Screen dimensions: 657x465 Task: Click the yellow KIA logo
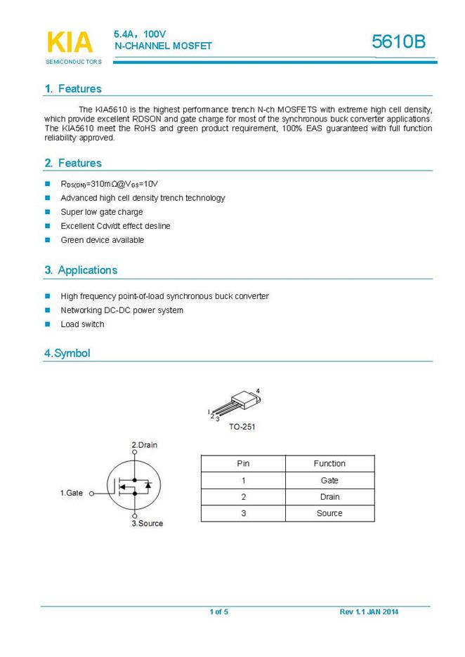pyautogui.click(x=69, y=42)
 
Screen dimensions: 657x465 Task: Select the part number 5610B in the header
pyautogui.click(x=398, y=42)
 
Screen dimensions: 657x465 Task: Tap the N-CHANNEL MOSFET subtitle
pyautogui.click(x=162, y=46)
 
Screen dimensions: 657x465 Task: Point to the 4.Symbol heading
pyautogui.click(x=67, y=353)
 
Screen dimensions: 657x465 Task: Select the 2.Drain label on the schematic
pyautogui.click(x=145, y=445)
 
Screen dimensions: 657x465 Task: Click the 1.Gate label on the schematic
pyautogui.click(x=71, y=493)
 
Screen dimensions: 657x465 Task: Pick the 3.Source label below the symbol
pyautogui.click(x=148, y=524)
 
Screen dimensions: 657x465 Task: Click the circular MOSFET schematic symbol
pyautogui.click(x=134, y=484)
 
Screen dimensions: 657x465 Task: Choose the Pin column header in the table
pyautogui.click(x=243, y=463)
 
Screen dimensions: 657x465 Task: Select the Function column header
pyautogui.click(x=329, y=463)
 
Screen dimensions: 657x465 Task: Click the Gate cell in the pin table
pyautogui.click(x=329, y=480)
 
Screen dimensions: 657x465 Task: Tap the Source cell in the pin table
pyautogui.click(x=329, y=513)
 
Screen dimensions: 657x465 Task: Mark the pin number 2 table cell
pyautogui.click(x=243, y=497)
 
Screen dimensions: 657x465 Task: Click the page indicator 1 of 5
pyautogui.click(x=218, y=612)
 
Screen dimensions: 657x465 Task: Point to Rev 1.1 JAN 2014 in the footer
pyautogui.click(x=369, y=612)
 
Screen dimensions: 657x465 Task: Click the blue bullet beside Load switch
pyautogui.click(x=48, y=324)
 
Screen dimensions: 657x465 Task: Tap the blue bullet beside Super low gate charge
pyautogui.click(x=48, y=212)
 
